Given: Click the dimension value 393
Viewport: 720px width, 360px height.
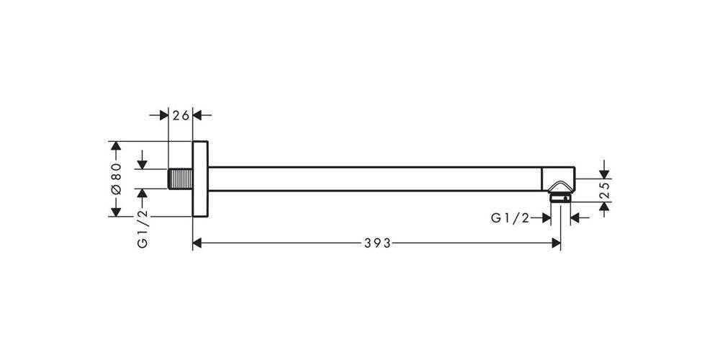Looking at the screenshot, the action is coord(377,243).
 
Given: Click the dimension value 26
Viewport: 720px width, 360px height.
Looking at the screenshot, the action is coord(181,115).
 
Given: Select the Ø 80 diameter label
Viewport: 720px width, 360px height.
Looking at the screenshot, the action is coord(116,179).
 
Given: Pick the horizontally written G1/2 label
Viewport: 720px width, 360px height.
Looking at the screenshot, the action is coord(510,218).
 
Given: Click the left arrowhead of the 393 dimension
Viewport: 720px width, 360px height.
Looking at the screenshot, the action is coord(197,243).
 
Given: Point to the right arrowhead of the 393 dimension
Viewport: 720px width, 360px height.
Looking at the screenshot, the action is coord(556,243).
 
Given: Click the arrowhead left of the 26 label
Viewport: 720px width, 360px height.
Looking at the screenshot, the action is coord(164,115).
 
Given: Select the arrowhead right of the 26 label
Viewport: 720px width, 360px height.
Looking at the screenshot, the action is coord(197,115).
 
